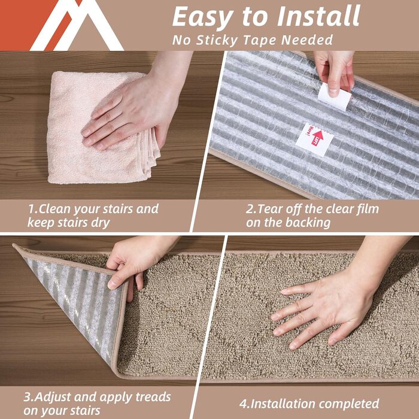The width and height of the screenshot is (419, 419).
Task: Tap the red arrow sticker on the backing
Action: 314,138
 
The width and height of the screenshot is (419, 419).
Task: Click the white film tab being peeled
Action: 335,96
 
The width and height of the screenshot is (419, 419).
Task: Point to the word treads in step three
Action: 152,397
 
